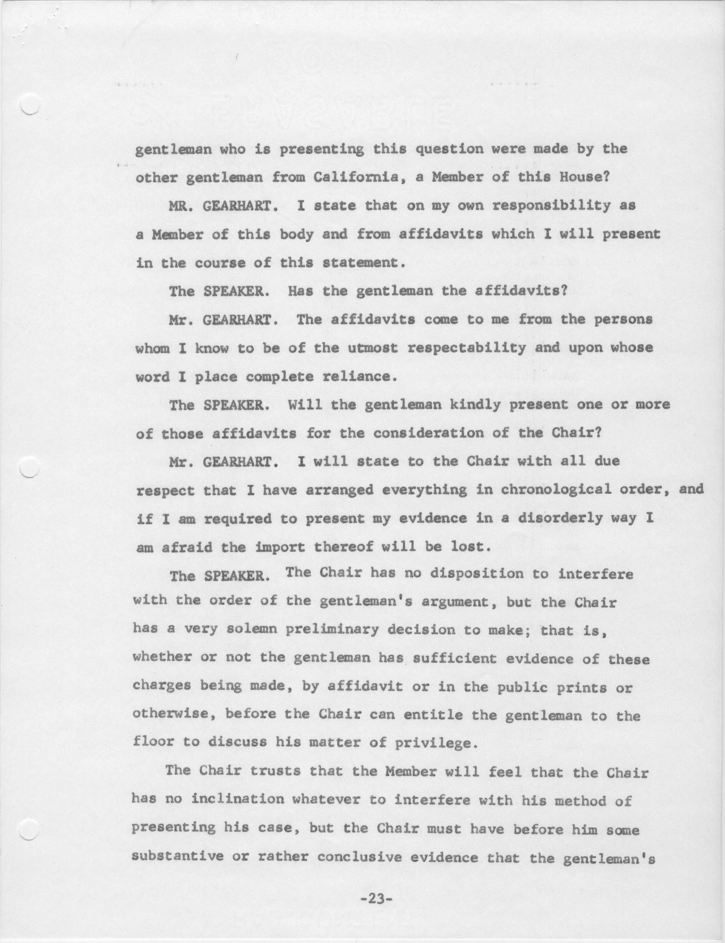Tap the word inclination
click(x=238, y=799)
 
